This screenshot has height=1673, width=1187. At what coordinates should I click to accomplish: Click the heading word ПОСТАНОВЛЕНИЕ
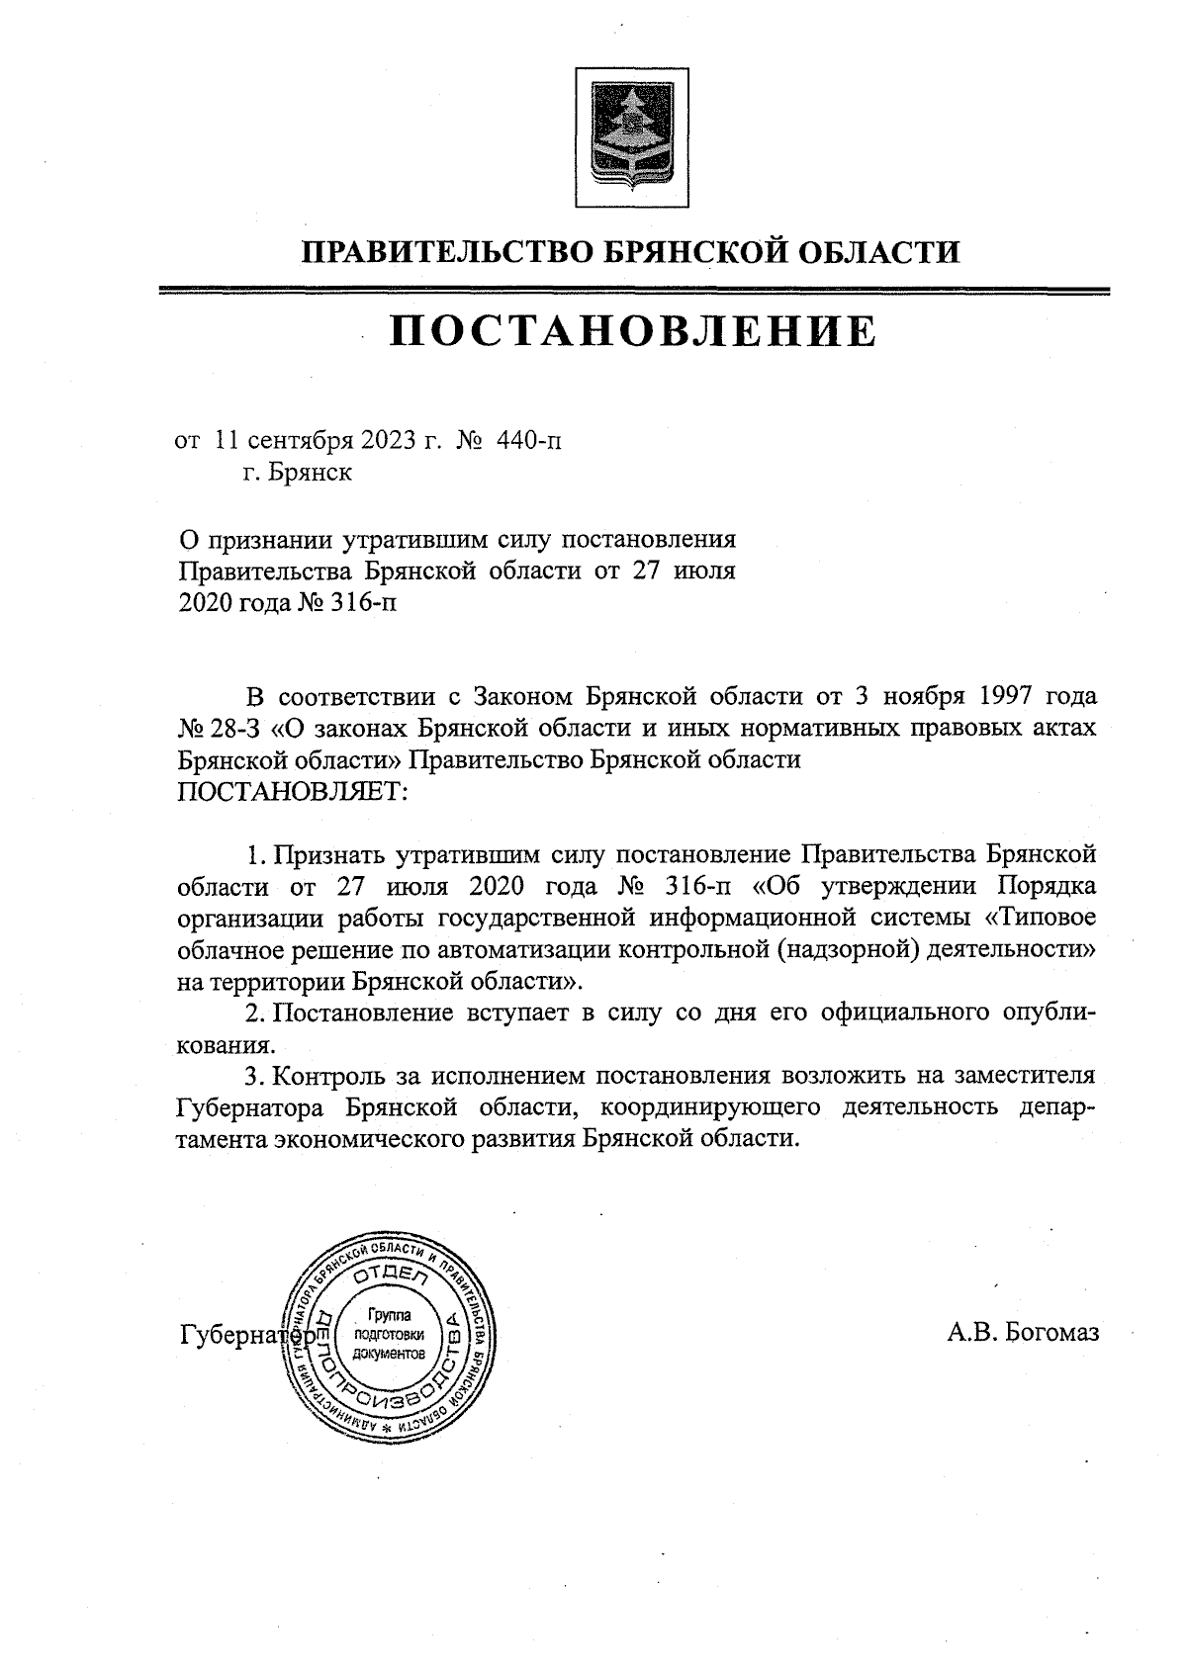[x=632, y=332]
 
